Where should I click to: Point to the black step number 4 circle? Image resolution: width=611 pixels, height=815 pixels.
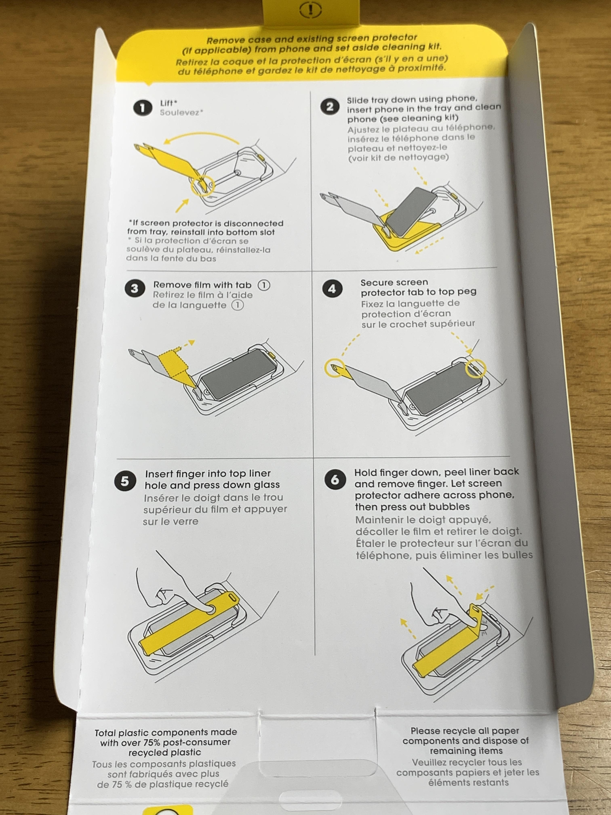pos(332,289)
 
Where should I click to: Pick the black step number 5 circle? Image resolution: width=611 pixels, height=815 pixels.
pos(125,481)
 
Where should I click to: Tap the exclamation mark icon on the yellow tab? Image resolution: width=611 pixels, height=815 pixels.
pos(311,10)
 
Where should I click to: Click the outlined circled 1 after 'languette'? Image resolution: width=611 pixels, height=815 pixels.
pos(238,305)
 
